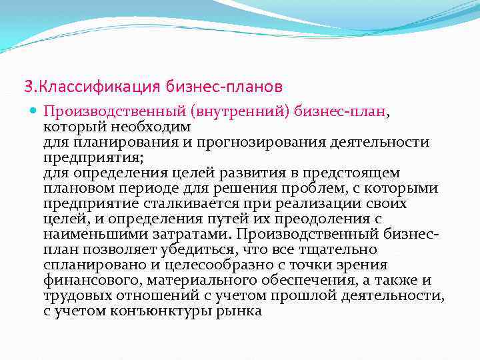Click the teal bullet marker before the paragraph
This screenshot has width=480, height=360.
click(x=35, y=112)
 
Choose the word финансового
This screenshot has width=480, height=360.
click(x=93, y=279)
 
